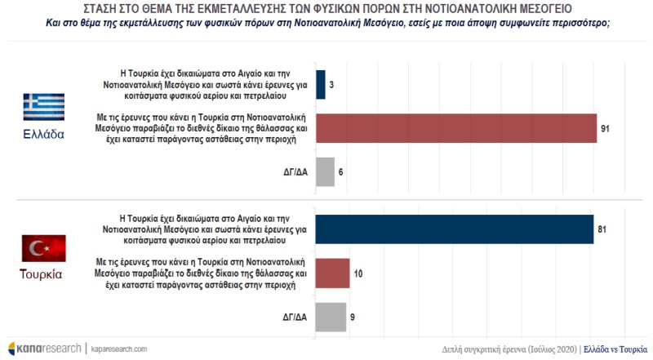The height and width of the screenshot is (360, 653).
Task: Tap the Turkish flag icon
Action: point(42,247)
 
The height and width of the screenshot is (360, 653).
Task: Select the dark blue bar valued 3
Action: point(319,84)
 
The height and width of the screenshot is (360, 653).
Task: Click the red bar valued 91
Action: point(455,128)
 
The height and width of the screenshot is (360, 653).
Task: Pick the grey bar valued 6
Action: point(324,172)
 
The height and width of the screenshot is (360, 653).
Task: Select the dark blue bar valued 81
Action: point(454,229)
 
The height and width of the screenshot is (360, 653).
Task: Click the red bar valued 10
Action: point(331,273)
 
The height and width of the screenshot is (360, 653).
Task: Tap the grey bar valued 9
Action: point(330,318)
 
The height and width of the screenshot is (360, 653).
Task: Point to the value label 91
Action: point(605,129)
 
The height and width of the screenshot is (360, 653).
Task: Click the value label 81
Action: point(602,230)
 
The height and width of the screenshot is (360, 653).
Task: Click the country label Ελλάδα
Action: point(42,136)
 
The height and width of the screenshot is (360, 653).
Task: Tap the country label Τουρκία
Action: point(42,274)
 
